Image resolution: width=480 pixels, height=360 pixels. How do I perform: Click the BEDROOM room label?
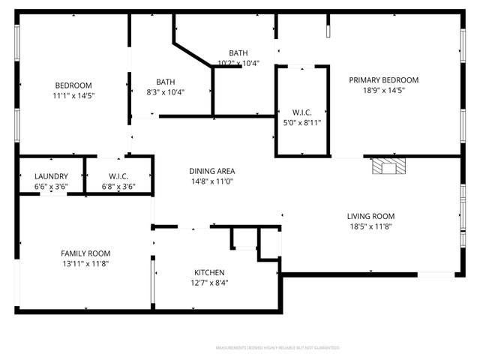tap(73, 85)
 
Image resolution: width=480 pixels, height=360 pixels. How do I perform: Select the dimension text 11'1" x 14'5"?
tap(73, 95)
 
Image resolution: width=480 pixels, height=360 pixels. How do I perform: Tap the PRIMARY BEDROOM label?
tap(383, 80)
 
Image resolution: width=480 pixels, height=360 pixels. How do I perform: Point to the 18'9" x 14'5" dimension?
tap(383, 91)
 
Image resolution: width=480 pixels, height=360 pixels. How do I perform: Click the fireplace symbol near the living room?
tap(388, 166)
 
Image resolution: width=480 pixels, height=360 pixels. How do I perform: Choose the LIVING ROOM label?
tap(370, 216)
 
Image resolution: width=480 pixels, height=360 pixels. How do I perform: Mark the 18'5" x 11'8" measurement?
tap(370, 226)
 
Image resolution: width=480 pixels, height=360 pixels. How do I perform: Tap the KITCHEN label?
tap(209, 272)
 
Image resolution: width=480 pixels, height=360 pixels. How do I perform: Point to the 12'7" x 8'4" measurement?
tap(209, 283)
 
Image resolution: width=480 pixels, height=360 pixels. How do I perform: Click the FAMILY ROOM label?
tap(85, 253)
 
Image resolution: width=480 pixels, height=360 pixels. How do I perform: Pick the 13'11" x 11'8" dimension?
tap(85, 264)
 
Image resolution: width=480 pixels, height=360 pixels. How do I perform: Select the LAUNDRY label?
tap(51, 176)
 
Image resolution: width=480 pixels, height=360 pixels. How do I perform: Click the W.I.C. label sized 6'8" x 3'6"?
tap(118, 176)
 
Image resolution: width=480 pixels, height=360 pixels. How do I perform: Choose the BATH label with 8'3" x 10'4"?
tap(166, 82)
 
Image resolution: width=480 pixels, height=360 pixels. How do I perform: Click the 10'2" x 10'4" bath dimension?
tap(238, 63)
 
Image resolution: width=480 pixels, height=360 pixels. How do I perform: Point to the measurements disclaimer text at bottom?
tap(277, 348)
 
